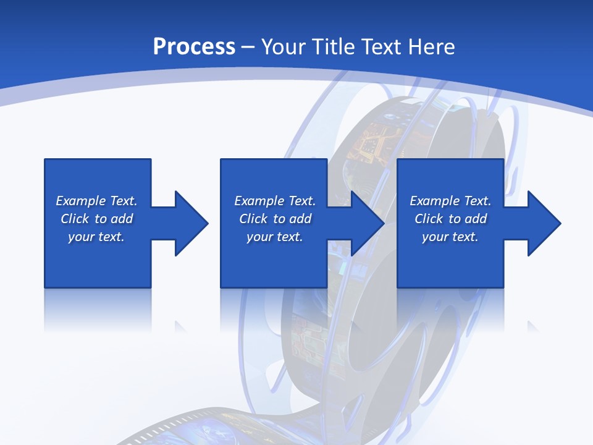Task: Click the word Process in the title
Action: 194,47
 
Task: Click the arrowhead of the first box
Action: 191,223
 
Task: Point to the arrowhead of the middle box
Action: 368,223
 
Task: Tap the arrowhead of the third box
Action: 544,223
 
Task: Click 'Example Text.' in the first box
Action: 96,201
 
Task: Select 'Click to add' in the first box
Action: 96,219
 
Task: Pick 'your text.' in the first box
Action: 96,237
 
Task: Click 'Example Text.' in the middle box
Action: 275,201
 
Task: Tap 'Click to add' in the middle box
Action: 275,219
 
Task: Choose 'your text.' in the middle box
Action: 275,237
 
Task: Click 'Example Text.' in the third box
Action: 450,201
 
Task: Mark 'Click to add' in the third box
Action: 450,219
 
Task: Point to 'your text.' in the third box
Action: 450,237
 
